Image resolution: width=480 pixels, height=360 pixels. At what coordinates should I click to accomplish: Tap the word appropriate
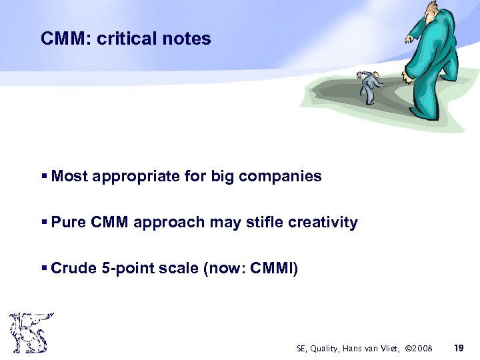pyautogui.click(x=134, y=177)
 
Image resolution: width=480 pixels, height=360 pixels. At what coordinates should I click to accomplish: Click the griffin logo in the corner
pyautogui.click(x=30, y=333)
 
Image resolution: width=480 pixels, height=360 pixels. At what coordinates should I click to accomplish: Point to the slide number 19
pyautogui.click(x=458, y=348)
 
